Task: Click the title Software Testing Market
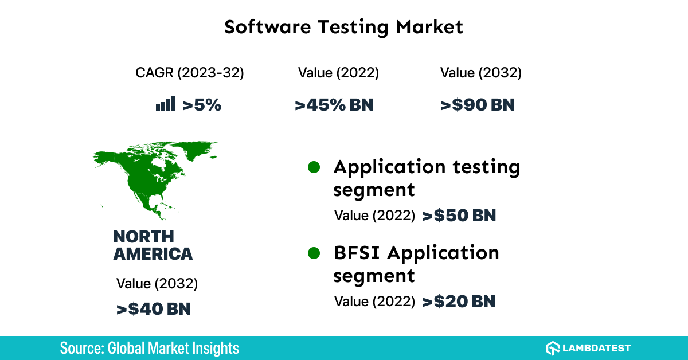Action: point(343,27)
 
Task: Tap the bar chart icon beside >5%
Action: point(166,104)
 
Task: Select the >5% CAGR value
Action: point(201,105)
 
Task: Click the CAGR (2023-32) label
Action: point(190,73)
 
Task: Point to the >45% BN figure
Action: point(334,105)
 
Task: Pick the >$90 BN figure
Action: point(477,105)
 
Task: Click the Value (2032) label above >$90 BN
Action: point(480,73)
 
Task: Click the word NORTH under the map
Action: point(143,236)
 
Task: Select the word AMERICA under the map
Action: point(153,254)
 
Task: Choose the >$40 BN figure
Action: point(153,309)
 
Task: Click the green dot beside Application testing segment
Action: point(314,167)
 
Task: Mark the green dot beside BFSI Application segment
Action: point(314,253)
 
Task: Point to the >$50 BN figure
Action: point(459,216)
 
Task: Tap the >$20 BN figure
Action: point(459,302)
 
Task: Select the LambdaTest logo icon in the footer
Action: point(553,348)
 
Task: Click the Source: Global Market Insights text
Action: point(149,348)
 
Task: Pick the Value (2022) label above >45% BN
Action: point(338,73)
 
